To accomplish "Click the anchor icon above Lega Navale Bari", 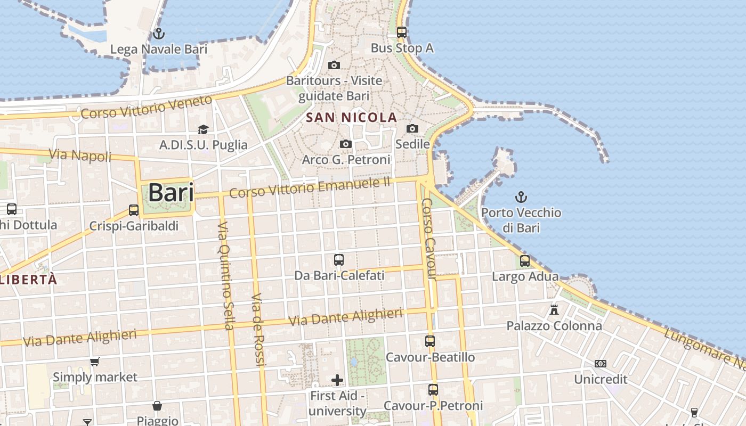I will pyautogui.click(x=158, y=34).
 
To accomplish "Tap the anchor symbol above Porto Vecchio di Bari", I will pyautogui.click(x=521, y=198).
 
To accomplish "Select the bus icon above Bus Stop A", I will pyautogui.click(x=402, y=32).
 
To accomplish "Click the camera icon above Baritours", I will pyautogui.click(x=334, y=65).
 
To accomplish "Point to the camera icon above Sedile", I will pyautogui.click(x=412, y=128).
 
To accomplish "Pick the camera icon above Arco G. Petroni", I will pyautogui.click(x=346, y=144).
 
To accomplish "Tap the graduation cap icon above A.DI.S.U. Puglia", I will pyautogui.click(x=203, y=129).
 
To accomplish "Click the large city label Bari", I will pyautogui.click(x=171, y=192).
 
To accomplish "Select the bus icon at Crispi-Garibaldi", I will pyautogui.click(x=134, y=210).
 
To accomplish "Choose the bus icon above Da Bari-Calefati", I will pyautogui.click(x=339, y=260).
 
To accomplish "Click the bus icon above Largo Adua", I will pyautogui.click(x=525, y=261).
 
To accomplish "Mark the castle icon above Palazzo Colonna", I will pyautogui.click(x=554, y=309).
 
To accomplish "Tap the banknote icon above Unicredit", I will pyautogui.click(x=601, y=364).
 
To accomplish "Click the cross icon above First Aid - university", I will pyautogui.click(x=337, y=380).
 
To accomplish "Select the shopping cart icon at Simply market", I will pyautogui.click(x=95, y=362).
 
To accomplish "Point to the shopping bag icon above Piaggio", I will pyautogui.click(x=157, y=406).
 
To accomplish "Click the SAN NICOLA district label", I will pyautogui.click(x=352, y=118).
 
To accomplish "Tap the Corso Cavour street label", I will pyautogui.click(x=429, y=239).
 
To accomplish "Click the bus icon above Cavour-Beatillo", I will pyautogui.click(x=430, y=341).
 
